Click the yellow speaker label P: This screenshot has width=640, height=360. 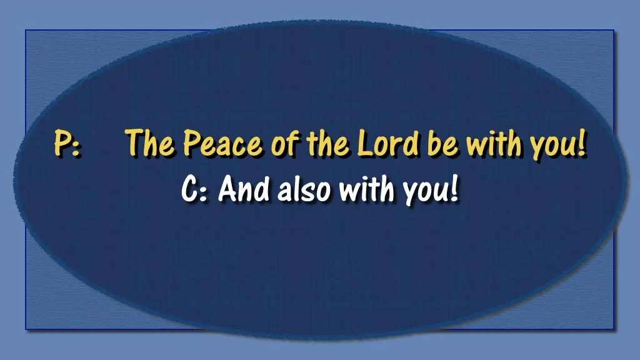pos(66,143)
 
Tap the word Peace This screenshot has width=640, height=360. pos(222,144)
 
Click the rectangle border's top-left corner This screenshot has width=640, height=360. pos(26,31)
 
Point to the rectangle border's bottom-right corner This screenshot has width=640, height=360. pos(614,329)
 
